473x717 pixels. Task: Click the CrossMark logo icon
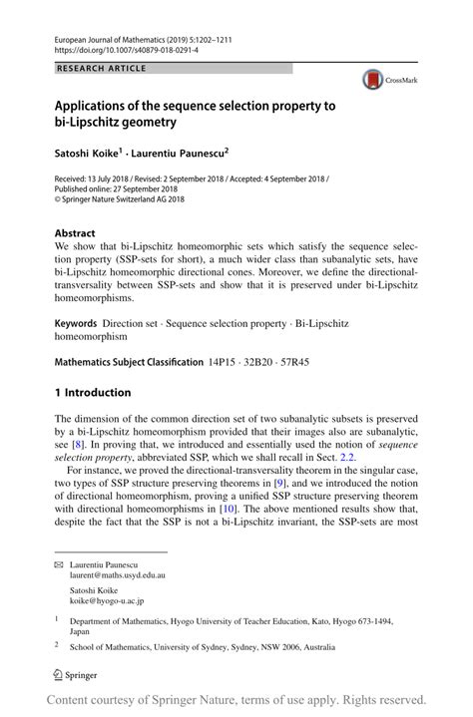[x=375, y=81]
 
